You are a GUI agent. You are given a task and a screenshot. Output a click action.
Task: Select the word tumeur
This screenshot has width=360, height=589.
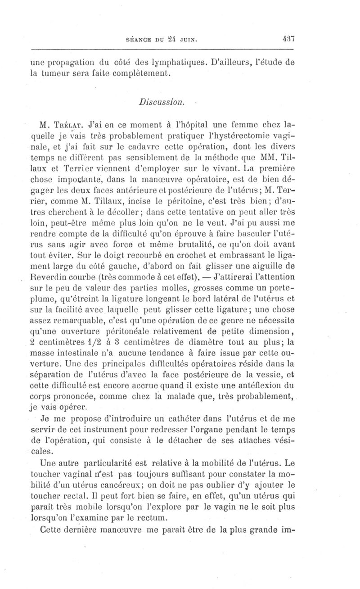click(x=58, y=72)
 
